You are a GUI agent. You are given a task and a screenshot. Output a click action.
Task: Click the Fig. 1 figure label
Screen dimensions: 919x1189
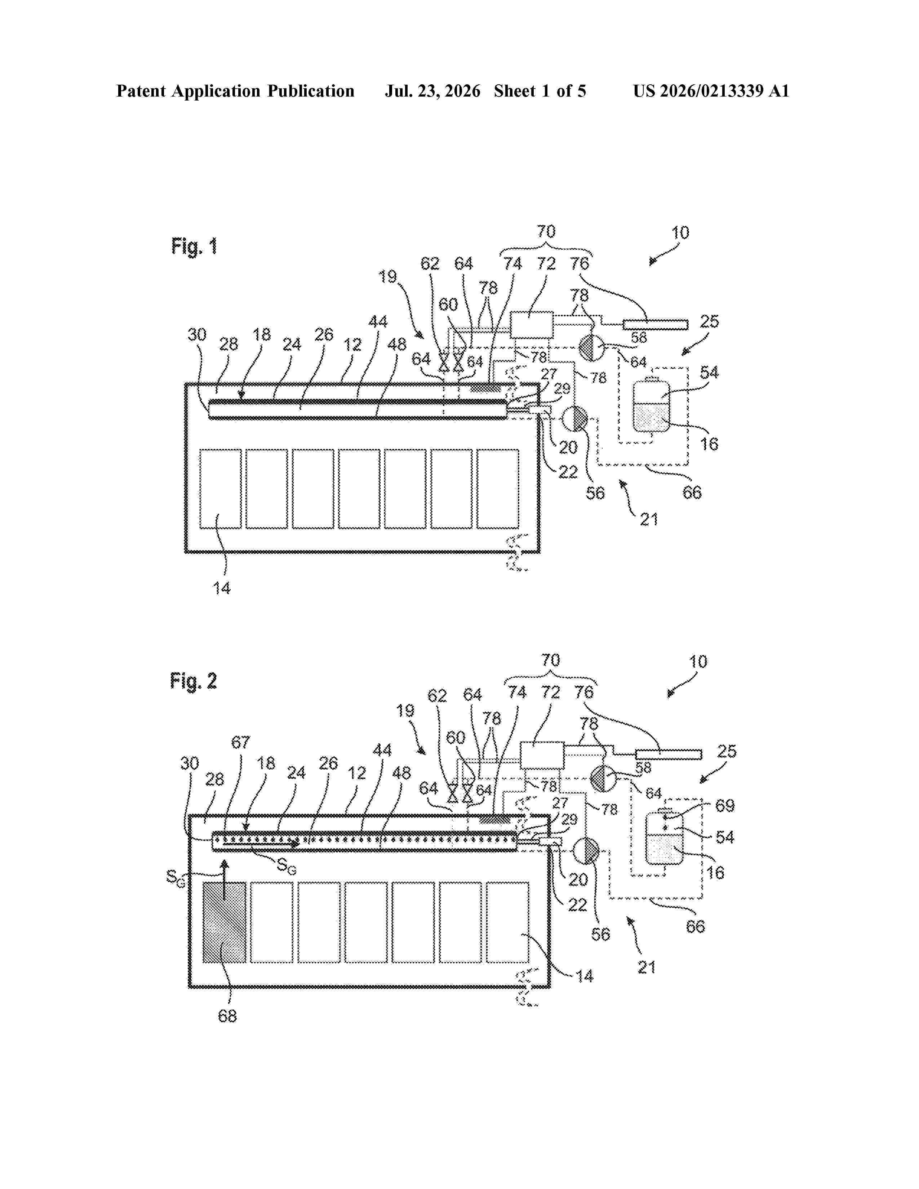pyautogui.click(x=194, y=246)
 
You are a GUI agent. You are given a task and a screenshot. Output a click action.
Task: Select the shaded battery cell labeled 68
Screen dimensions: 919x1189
pyautogui.click(x=224, y=923)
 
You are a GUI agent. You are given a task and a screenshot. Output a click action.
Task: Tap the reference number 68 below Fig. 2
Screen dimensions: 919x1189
pyautogui.click(x=227, y=1016)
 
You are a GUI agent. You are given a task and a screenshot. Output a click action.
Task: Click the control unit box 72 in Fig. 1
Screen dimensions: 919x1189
pyautogui.click(x=531, y=325)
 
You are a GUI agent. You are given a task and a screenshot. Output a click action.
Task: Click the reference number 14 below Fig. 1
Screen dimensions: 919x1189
pyautogui.click(x=222, y=588)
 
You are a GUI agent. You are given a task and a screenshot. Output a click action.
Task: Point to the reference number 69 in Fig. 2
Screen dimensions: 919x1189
pyautogui.click(x=725, y=806)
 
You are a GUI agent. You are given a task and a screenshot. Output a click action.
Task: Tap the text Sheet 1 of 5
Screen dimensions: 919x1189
pyautogui.click(x=540, y=91)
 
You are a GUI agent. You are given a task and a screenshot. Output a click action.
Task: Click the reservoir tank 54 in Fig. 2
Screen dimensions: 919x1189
pyautogui.click(x=663, y=836)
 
